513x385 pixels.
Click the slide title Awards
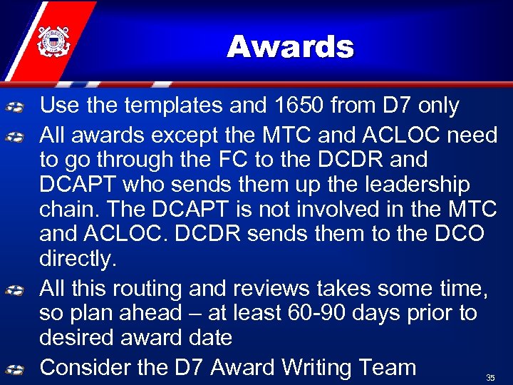tap(290, 48)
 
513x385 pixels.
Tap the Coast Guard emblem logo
tap(51, 42)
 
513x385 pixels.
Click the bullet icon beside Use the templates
tap(16, 107)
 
